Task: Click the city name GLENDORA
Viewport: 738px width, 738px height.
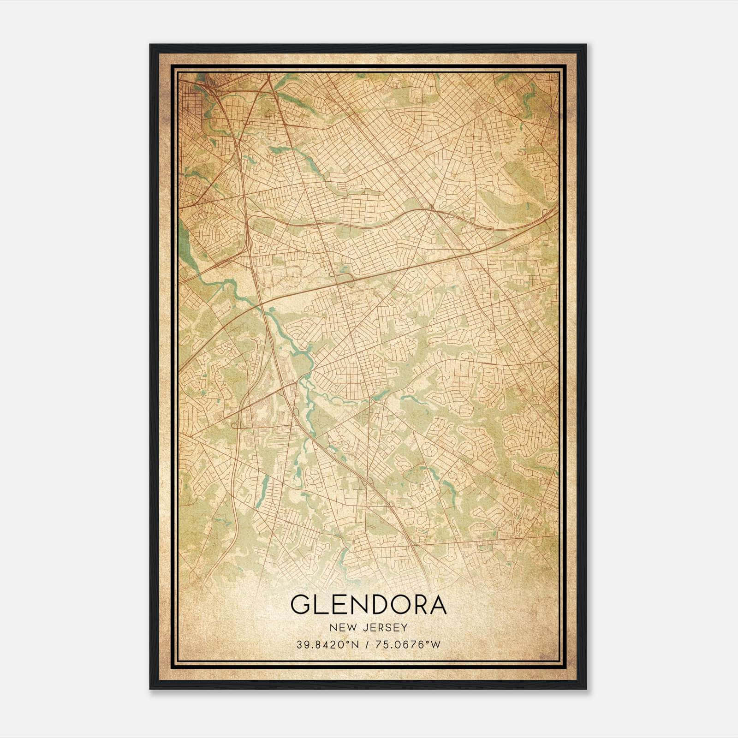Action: tap(369, 605)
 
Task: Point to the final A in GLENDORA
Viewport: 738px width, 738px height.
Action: tap(438, 605)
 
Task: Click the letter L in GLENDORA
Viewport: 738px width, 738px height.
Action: tap(321, 605)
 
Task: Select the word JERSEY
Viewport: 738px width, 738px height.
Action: tap(386, 627)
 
